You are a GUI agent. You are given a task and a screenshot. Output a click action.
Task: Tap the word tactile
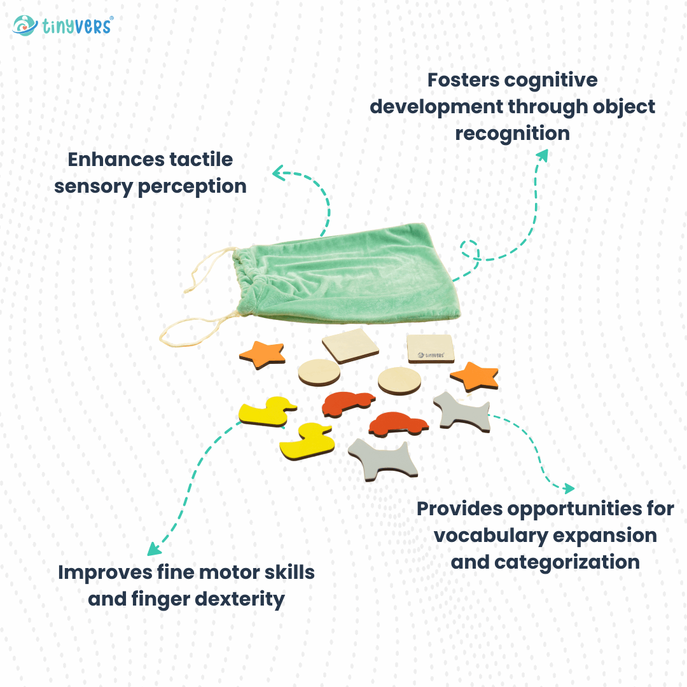(202, 159)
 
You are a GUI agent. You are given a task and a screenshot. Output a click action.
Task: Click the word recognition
(512, 134)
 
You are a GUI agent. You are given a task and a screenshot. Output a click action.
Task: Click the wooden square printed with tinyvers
(431, 349)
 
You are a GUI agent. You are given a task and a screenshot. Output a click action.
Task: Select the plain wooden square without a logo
(350, 347)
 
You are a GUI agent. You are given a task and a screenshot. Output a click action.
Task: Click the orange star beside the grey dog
(475, 377)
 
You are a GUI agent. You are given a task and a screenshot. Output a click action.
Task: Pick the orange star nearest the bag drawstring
(262, 354)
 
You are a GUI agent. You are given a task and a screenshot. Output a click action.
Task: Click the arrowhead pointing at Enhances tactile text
(277, 172)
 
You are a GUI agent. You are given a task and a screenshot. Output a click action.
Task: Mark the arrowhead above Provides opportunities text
(568, 489)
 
